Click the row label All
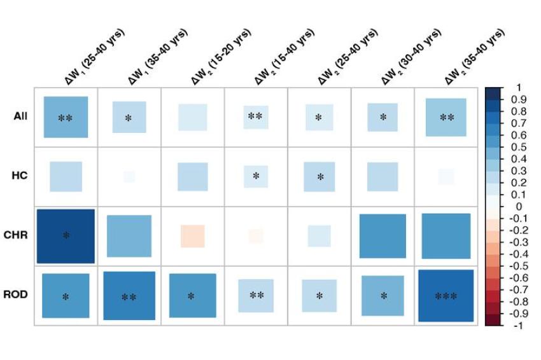20,116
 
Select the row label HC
20,176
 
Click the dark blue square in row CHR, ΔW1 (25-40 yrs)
66,235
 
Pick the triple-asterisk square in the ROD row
446,296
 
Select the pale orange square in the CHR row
192,236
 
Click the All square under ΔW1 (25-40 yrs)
66,116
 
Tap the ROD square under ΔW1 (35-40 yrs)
129,296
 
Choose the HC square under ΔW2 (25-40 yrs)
320,176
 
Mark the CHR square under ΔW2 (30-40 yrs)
383,236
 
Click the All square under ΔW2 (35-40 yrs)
446,116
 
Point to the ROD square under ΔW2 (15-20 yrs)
192,296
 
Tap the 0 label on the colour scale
519,207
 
